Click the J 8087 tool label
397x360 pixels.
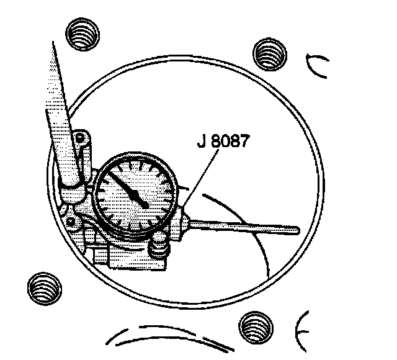pos(223,142)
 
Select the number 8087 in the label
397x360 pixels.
pos(231,142)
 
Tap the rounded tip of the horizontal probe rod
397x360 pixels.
pos(297,230)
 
